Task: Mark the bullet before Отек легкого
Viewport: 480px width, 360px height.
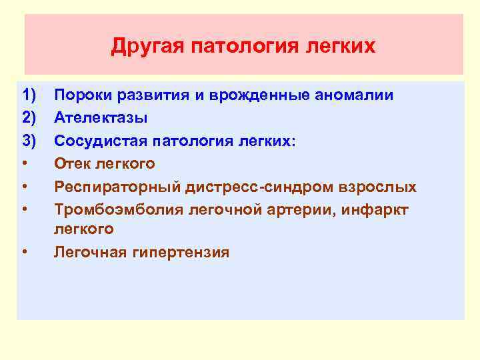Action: click(x=24, y=164)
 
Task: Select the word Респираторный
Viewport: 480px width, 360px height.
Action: click(x=111, y=187)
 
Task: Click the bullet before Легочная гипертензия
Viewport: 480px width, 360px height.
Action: click(x=24, y=253)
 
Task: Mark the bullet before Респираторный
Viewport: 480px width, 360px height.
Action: click(x=24, y=187)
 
